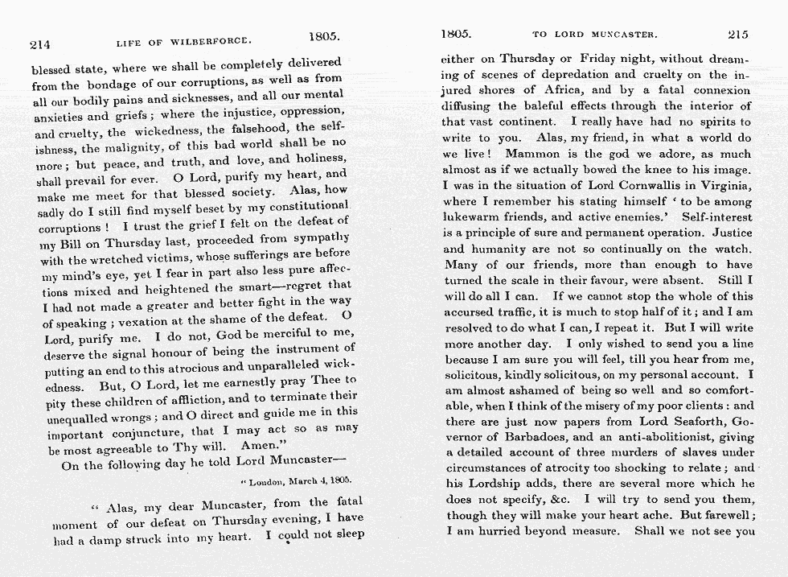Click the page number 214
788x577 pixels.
point(39,44)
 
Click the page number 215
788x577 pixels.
point(737,35)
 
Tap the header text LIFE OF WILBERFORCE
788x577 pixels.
point(183,40)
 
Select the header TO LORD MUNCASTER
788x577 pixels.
point(595,35)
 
